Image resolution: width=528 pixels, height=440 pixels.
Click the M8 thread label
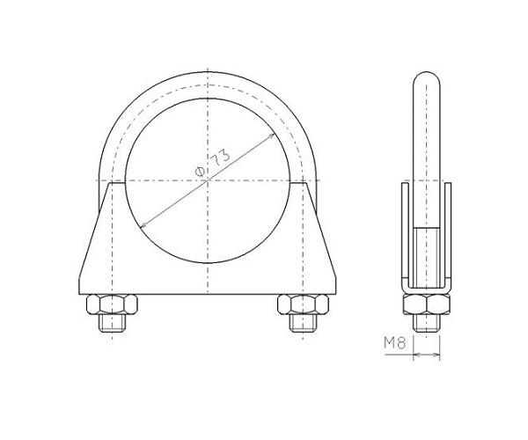(395, 343)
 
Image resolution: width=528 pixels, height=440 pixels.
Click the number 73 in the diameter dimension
(221, 158)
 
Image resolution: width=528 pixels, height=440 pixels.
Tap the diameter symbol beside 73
(200, 172)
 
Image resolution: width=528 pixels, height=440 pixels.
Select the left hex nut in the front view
(112, 304)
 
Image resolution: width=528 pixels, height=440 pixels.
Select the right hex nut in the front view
(303, 304)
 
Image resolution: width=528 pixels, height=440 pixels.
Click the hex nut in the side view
(427, 304)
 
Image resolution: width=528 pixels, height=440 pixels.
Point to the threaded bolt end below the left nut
(112, 322)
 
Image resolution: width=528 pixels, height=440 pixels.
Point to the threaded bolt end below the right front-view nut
(303, 322)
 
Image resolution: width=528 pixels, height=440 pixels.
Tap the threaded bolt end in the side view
(427, 323)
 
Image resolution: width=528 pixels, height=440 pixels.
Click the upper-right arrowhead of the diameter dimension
(272, 136)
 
